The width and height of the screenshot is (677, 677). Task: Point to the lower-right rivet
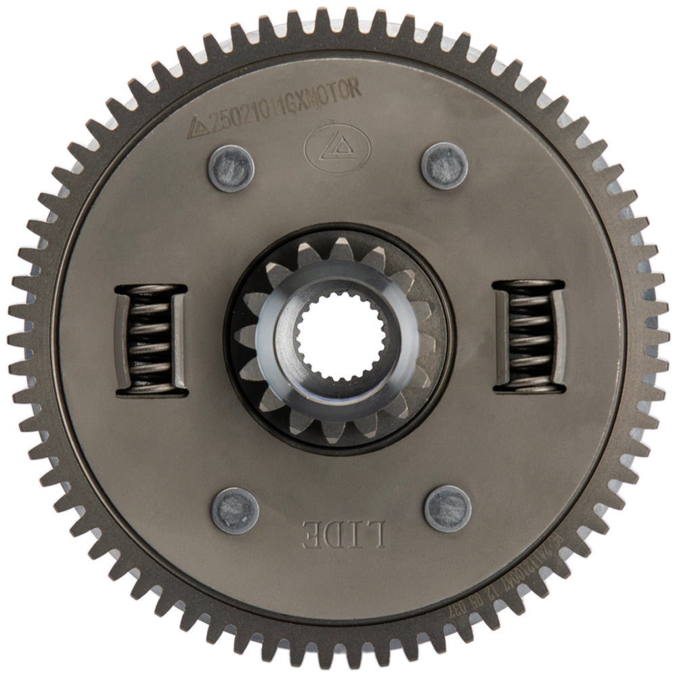[447, 509]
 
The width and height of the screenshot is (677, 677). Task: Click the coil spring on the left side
[151, 340]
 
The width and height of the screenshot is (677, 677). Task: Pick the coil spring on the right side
[529, 337]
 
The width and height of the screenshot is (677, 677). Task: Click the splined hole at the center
[338, 338]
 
